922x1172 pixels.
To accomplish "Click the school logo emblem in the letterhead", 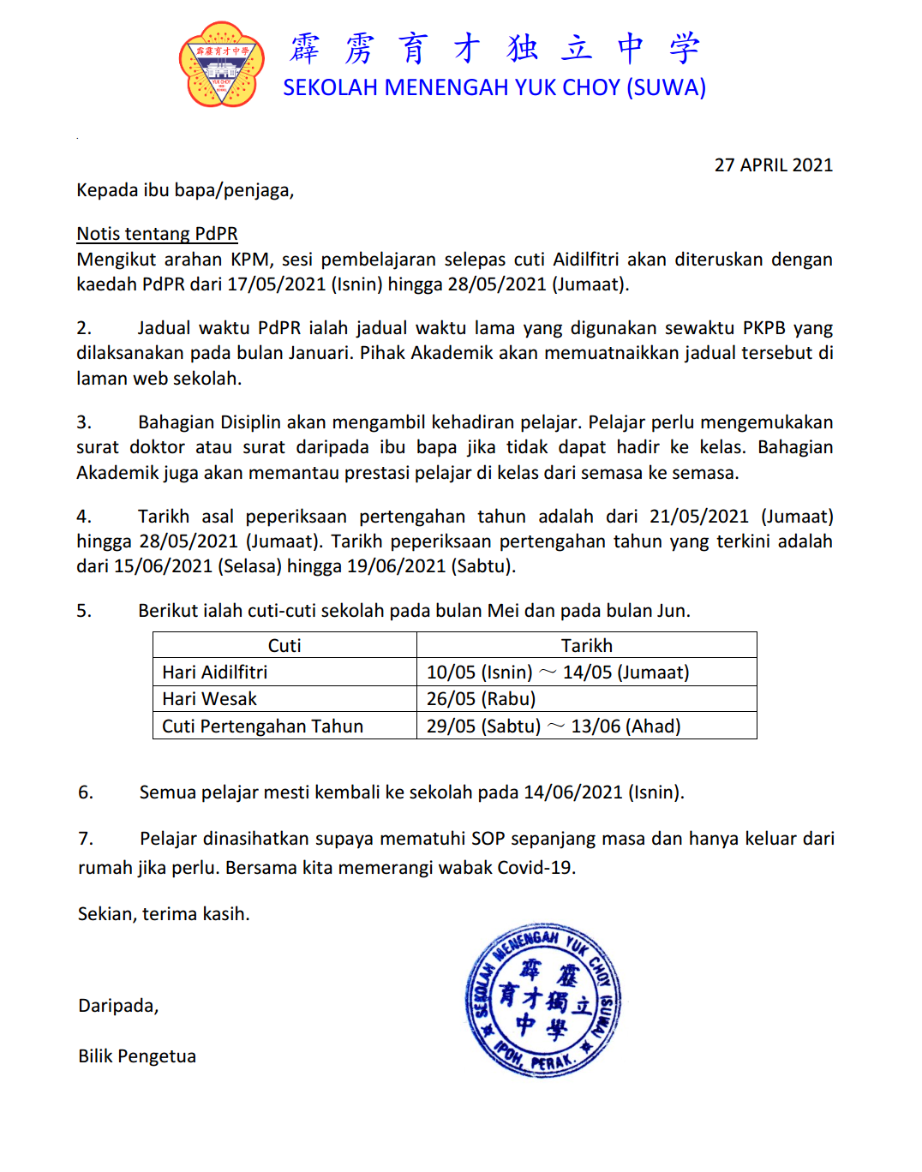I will tap(221, 65).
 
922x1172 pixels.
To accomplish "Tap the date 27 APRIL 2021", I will tap(773, 165).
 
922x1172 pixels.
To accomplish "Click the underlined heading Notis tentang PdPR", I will tap(157, 234).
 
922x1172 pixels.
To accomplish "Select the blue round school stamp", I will tap(542, 1000).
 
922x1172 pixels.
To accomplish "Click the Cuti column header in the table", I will tap(284, 645).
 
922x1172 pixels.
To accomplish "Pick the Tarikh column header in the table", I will tap(586, 645).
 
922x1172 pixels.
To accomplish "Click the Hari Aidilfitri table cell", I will tap(215, 673).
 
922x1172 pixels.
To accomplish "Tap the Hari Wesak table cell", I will tap(210, 699).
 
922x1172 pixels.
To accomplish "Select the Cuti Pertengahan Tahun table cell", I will tap(263, 727).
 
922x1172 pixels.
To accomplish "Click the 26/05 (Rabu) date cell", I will tap(481, 699).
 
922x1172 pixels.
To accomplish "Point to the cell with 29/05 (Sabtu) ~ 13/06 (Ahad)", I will tap(554, 727).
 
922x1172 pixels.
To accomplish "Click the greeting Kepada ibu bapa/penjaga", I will tap(185, 190).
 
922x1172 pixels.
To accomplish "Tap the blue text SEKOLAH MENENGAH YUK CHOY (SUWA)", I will tap(494, 87).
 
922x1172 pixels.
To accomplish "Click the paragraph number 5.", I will tap(84, 611).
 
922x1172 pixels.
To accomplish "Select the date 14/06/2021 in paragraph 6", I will tap(573, 792).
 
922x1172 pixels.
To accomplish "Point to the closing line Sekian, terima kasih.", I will tap(164, 914).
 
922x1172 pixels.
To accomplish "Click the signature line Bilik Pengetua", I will tap(137, 1056).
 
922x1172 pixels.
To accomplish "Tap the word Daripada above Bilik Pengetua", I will tap(118, 1006).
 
